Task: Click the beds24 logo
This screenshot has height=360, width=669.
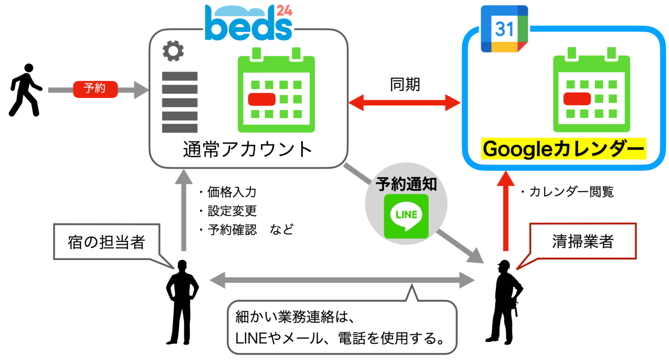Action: (x=248, y=23)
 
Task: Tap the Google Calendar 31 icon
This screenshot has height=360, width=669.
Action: (x=504, y=29)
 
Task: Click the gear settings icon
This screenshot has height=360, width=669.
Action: (x=173, y=51)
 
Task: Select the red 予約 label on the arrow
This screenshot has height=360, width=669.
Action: (x=95, y=89)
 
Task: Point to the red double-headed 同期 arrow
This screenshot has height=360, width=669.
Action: (x=404, y=102)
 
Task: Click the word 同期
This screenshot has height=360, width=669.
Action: (x=405, y=84)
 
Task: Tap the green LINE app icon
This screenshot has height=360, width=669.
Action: (x=406, y=216)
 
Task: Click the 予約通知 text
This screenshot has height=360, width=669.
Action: (x=406, y=184)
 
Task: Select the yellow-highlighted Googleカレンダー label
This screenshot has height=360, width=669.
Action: (x=563, y=149)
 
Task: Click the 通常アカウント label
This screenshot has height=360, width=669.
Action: (x=248, y=149)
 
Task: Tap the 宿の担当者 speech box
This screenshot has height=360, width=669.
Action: (x=106, y=242)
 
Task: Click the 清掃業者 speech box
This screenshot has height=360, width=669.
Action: (x=582, y=241)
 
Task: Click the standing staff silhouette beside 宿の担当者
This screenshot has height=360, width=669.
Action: (x=182, y=301)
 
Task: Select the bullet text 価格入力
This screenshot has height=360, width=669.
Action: (x=232, y=192)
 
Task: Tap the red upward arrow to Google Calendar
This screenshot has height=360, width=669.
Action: (x=506, y=211)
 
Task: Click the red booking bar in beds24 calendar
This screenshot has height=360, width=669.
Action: (x=262, y=99)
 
